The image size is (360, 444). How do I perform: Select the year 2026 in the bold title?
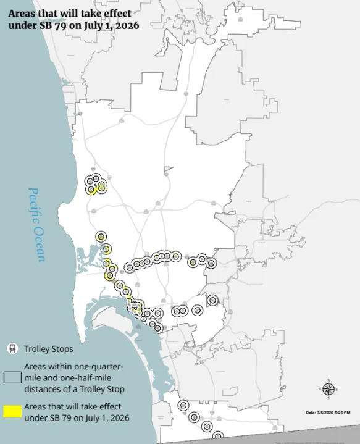click(123, 26)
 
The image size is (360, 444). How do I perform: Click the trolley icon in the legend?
click(12, 349)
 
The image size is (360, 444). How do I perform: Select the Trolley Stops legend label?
click(49, 350)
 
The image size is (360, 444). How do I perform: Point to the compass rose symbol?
click(329, 388)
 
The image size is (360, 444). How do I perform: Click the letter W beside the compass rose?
click(319, 389)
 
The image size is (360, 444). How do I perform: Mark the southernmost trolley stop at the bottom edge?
click(217, 436)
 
